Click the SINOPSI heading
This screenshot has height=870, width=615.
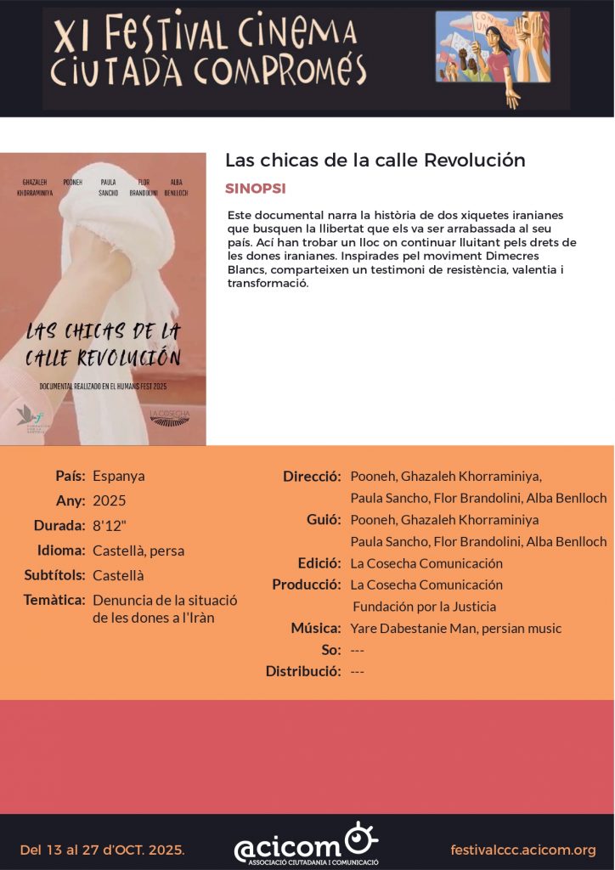click(256, 188)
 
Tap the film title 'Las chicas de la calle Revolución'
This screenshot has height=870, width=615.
click(375, 160)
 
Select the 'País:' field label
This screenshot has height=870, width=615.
click(71, 476)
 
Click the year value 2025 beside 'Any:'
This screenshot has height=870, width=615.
click(110, 500)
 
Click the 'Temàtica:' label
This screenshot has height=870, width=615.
click(54, 601)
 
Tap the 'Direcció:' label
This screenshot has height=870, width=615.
click(312, 476)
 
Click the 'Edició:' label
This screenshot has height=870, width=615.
click(319, 563)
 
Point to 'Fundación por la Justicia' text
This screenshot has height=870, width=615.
click(424, 607)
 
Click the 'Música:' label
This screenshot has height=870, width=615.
click(316, 629)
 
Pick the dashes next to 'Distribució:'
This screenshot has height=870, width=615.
click(357, 672)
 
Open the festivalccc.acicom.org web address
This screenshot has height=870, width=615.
click(523, 850)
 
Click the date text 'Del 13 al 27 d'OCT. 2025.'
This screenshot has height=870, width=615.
click(102, 850)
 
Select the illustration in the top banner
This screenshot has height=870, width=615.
click(493, 58)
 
